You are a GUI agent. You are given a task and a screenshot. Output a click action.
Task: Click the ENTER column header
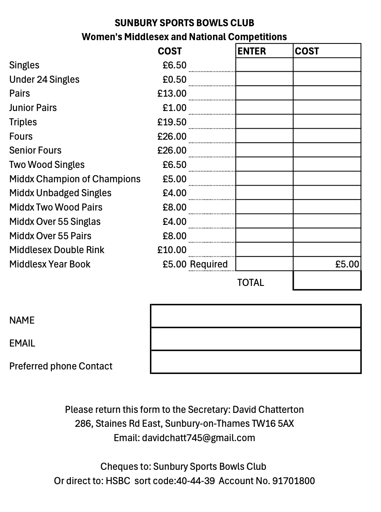pyautogui.click(x=252, y=51)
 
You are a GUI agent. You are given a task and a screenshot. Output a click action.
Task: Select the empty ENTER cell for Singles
pyautogui.click(x=264, y=65)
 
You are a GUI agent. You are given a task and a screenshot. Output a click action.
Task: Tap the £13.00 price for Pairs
pyautogui.click(x=172, y=93)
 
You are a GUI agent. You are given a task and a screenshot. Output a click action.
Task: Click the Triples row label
pyautogui.click(x=23, y=122)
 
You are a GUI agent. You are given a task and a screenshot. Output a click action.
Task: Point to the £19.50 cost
pyautogui.click(x=172, y=122)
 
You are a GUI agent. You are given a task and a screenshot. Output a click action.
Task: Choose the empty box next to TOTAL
pyautogui.click(x=327, y=281)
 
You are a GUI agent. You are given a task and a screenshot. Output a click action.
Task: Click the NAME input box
pyautogui.click(x=256, y=316)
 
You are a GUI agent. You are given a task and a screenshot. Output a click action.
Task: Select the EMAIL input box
pyautogui.click(x=256, y=339)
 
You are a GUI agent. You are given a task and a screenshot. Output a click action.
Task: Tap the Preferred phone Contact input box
pyautogui.click(x=256, y=362)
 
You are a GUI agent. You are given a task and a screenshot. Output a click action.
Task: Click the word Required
pyautogui.click(x=209, y=264)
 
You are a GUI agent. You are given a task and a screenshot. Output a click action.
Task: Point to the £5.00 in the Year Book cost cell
pyautogui.click(x=347, y=264)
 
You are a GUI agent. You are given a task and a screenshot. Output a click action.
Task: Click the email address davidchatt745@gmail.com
pyautogui.click(x=198, y=438)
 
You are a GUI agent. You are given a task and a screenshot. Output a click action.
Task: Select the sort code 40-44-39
pyautogui.click(x=195, y=480)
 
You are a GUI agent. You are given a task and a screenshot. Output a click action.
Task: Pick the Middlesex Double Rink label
pyautogui.click(x=57, y=250)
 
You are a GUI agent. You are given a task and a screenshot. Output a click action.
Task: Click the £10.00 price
pyautogui.click(x=172, y=250)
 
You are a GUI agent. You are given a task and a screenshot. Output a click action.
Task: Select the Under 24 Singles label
pyautogui.click(x=44, y=79)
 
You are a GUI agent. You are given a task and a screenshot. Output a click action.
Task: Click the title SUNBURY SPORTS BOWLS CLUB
pyautogui.click(x=184, y=23)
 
